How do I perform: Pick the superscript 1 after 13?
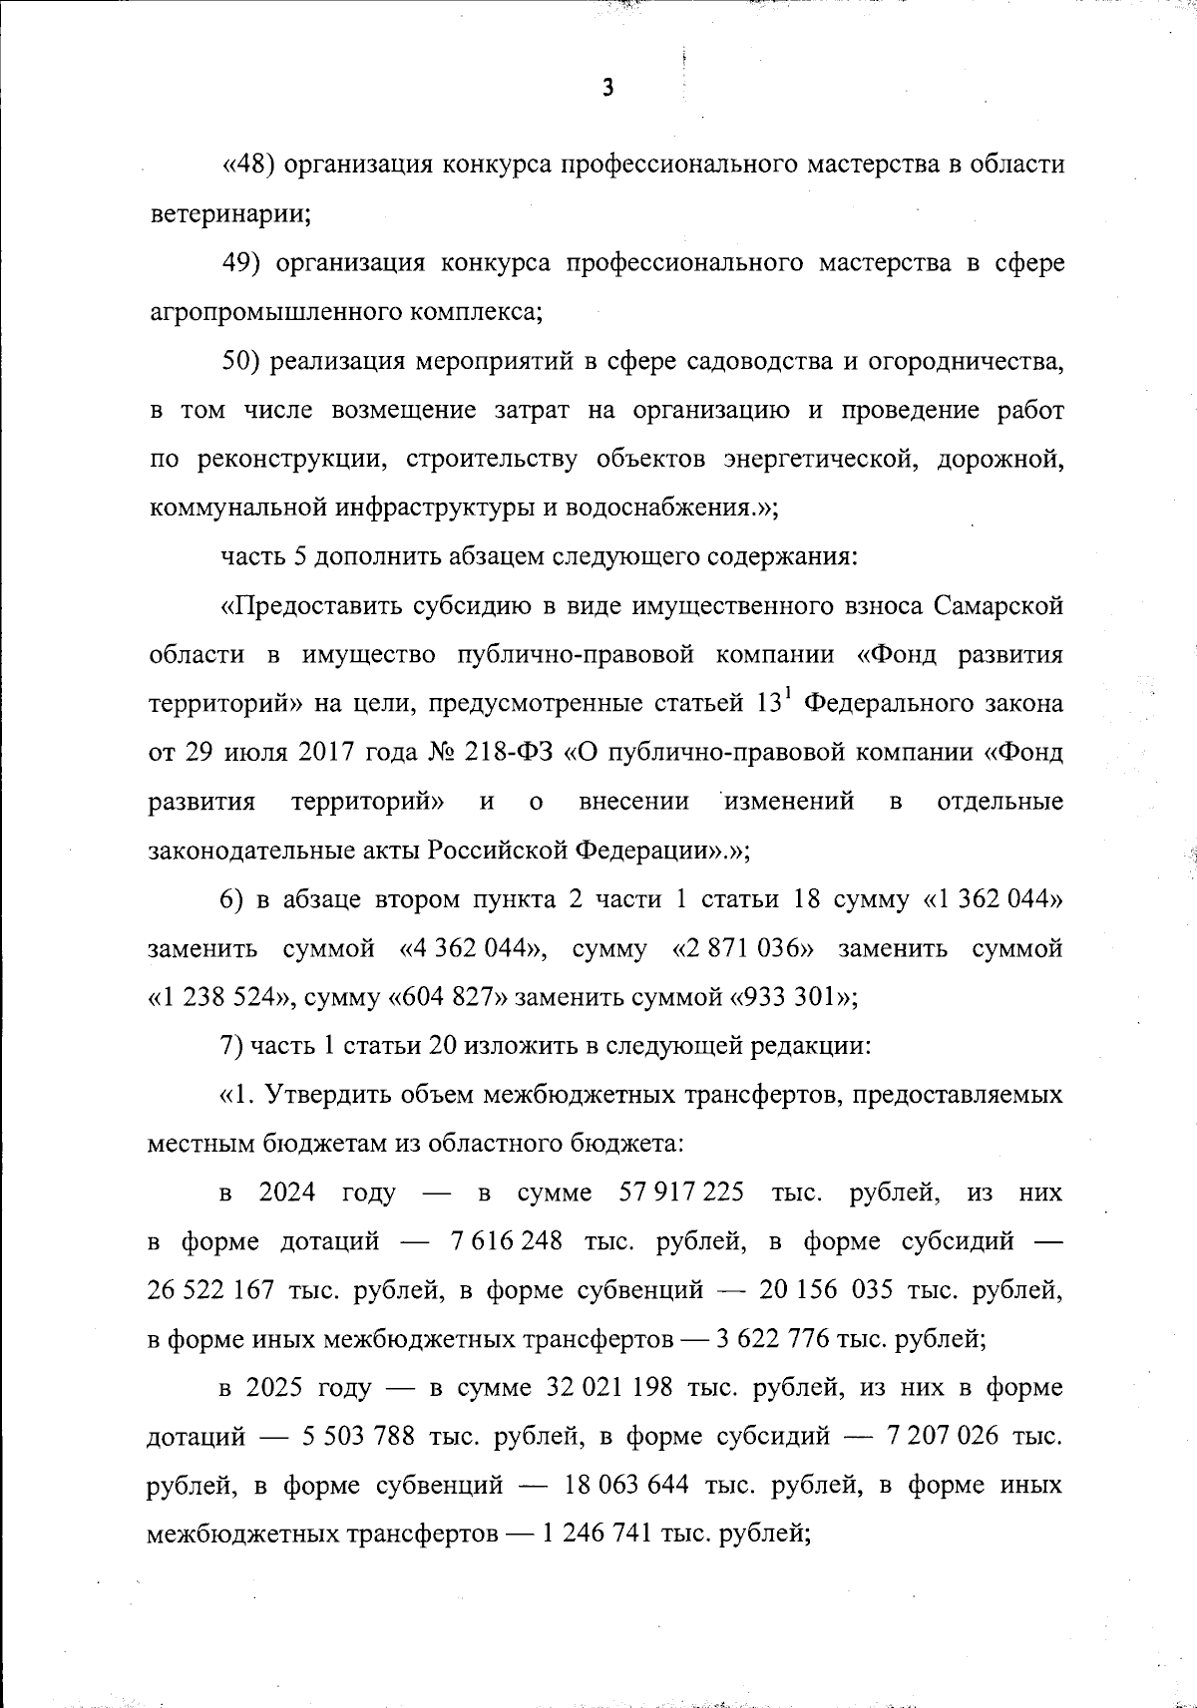pos(786,695)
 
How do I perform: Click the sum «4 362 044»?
pos(472,948)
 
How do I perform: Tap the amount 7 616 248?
pos(506,1241)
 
